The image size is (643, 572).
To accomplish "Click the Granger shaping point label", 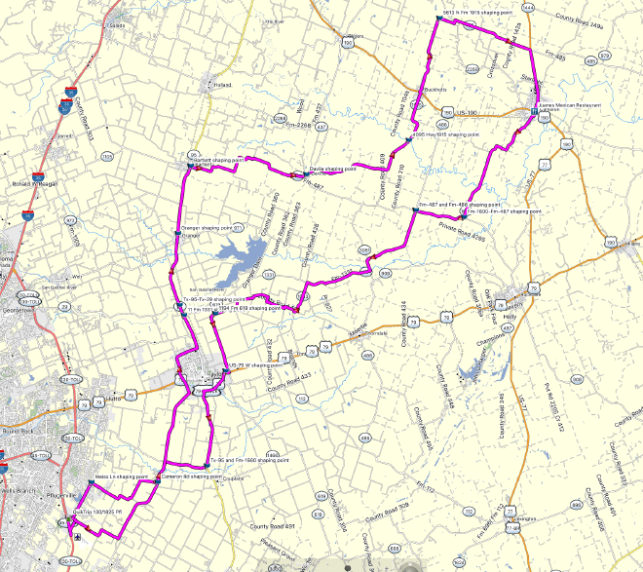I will click(211, 227).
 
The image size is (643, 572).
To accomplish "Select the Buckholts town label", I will click(435, 91).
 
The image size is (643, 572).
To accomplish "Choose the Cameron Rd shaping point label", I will click(192, 477).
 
